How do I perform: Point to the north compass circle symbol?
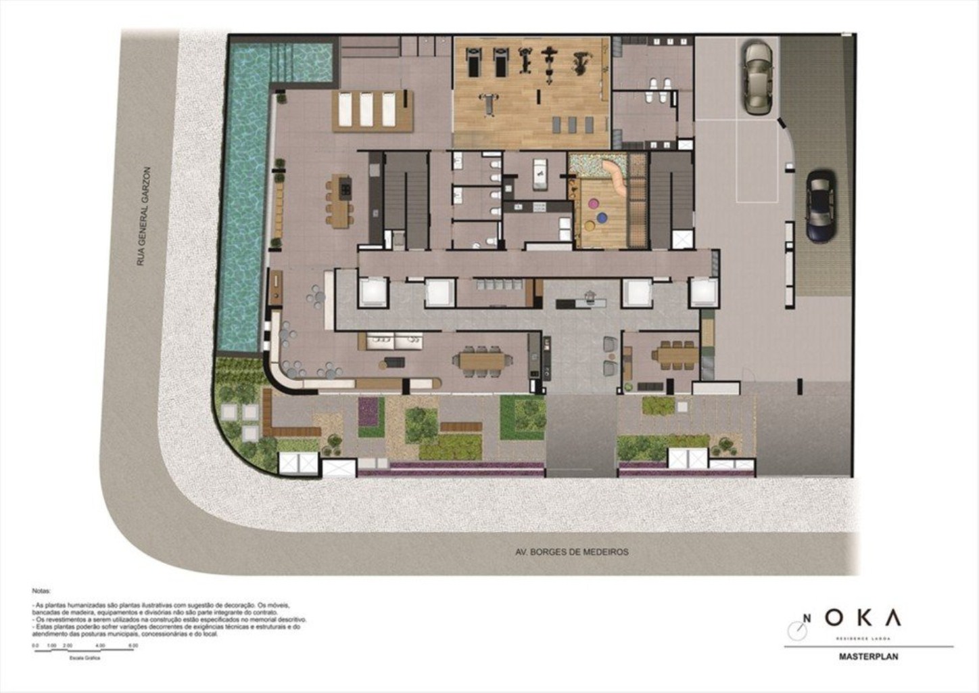tap(797, 629)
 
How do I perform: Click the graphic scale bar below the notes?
tap(85, 651)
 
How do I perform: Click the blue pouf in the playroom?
tap(602, 218)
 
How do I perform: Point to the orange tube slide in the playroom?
tap(617, 175)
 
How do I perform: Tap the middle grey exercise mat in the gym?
tap(572, 125)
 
